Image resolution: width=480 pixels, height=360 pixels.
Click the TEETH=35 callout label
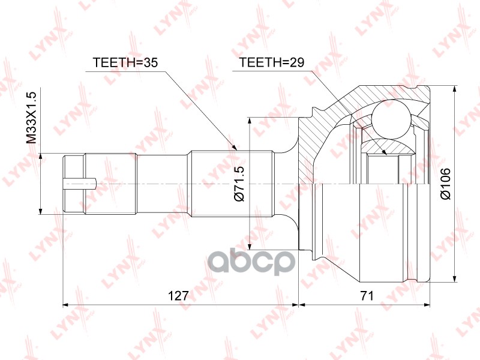click(x=124, y=62)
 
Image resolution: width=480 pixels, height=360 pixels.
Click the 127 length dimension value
click(x=178, y=295)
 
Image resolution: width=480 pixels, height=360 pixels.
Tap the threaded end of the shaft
click(x=74, y=182)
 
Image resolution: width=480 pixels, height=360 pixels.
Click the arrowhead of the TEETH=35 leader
click(x=236, y=146)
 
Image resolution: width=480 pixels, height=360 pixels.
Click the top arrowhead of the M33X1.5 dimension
click(x=41, y=157)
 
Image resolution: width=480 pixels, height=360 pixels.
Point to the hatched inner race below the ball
click(x=384, y=146)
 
